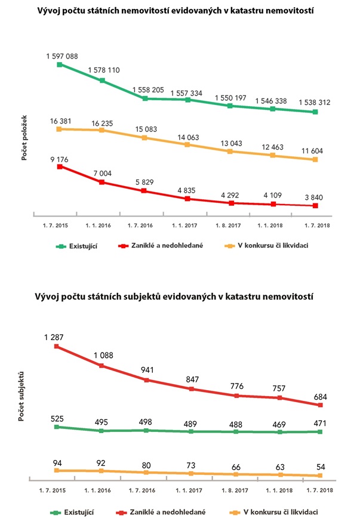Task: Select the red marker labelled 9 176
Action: pos(59,167)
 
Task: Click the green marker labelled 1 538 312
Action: pos(315,112)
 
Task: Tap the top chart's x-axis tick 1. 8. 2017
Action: pos(230,226)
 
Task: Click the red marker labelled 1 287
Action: pos(57,345)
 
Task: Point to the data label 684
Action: pos(320,397)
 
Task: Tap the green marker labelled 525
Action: pos(57,427)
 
